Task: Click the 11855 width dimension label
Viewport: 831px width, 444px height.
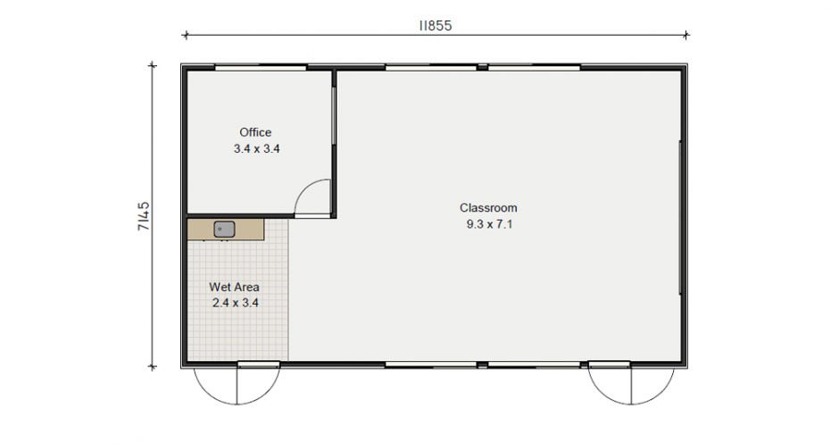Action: pos(436,26)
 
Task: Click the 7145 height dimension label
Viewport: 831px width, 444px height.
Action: pos(144,216)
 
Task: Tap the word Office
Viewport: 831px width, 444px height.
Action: pos(255,132)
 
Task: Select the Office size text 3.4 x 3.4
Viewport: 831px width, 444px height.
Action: pos(256,149)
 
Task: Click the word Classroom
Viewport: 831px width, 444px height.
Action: pos(488,208)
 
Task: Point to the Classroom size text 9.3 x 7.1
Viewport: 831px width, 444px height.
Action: pos(489,224)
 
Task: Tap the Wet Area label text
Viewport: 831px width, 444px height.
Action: pos(234,287)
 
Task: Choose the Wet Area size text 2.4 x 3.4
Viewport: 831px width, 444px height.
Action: pos(236,303)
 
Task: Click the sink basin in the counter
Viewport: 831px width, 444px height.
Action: pos(224,230)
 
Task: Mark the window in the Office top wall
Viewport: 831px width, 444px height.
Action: pos(261,67)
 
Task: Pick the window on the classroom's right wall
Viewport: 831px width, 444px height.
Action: pos(680,217)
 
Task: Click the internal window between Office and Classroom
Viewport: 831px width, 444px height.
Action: pos(334,115)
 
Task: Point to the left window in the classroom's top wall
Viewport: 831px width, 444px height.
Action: pos(431,67)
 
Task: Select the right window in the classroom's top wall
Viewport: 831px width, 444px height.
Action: pos(534,67)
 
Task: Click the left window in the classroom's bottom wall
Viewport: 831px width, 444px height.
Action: pos(431,364)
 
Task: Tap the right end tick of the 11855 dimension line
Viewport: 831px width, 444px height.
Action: pos(686,35)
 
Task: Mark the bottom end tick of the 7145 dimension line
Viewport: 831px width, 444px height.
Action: pos(153,366)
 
